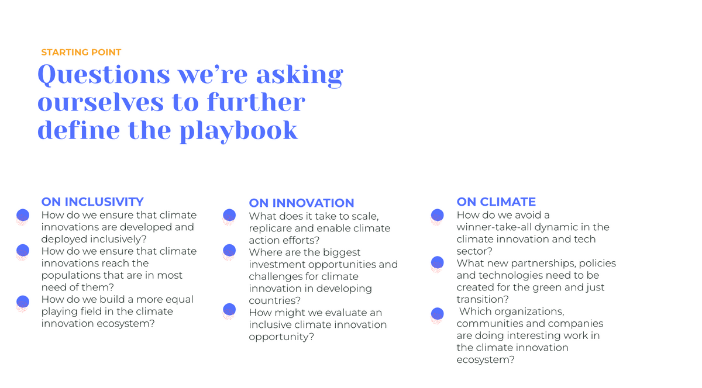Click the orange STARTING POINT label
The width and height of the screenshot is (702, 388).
(81, 52)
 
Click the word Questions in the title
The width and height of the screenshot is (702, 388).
(104, 75)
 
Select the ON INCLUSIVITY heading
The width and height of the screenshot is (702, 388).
(92, 202)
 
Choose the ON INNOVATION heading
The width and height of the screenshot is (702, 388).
(301, 203)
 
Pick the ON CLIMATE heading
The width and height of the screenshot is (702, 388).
(496, 202)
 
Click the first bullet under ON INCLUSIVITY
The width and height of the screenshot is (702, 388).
(23, 217)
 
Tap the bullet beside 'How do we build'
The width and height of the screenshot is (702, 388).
(23, 303)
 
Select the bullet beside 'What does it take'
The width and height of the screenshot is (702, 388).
(229, 217)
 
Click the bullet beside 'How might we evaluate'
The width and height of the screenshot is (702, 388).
(229, 311)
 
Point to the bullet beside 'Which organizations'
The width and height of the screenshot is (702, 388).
(437, 316)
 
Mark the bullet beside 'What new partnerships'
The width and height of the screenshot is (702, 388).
(437, 264)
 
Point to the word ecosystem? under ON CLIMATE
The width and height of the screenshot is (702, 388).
(486, 360)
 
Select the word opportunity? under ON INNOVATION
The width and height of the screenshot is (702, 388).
(281, 337)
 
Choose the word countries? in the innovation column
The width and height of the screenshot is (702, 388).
(274, 300)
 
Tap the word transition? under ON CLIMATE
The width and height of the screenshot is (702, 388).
(483, 299)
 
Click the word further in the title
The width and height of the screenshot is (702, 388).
(256, 103)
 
